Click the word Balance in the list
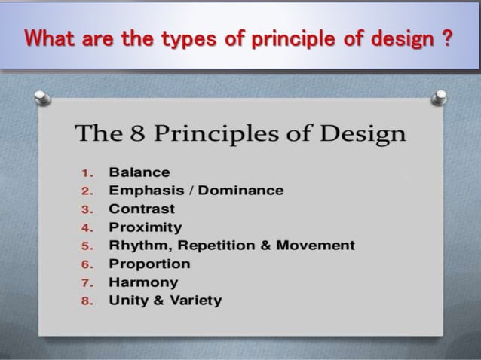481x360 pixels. [139, 172]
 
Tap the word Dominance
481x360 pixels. [240, 191]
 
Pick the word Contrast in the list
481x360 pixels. [142, 209]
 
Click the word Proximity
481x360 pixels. [146, 227]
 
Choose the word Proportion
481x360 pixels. [149, 264]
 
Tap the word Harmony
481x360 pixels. [143, 282]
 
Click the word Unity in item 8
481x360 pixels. [127, 301]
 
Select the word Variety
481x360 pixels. [193, 301]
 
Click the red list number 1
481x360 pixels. [86, 173]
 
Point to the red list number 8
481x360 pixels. [86, 301]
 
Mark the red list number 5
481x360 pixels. [86, 246]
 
